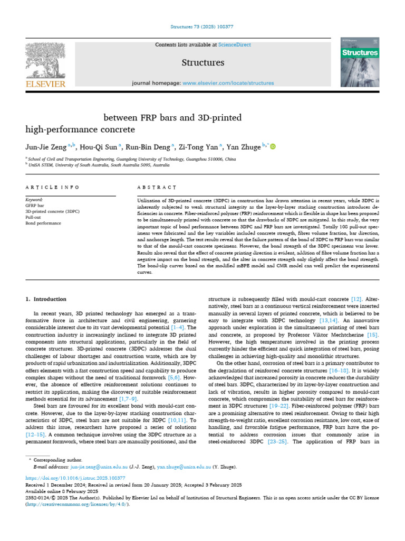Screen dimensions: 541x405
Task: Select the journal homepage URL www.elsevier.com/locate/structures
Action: (x=228, y=83)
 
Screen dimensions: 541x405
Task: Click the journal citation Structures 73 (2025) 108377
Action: (x=202, y=26)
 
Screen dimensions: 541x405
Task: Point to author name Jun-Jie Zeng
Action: (x=46, y=147)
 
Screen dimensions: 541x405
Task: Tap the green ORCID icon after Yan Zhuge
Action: (x=273, y=147)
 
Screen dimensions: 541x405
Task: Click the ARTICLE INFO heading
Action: (x=53, y=188)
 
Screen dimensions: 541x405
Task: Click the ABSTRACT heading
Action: (x=156, y=188)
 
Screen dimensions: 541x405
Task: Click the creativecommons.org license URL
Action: (x=75, y=504)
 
